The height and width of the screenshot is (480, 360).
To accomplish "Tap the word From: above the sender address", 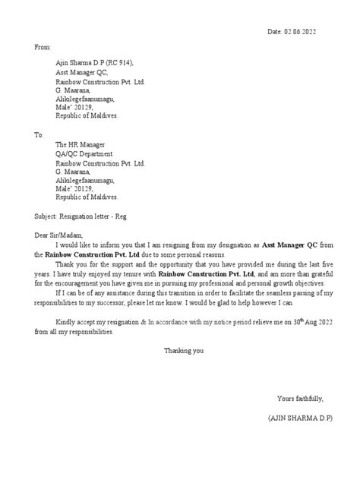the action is (43, 47).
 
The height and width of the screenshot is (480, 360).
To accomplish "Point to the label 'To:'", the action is (40, 134).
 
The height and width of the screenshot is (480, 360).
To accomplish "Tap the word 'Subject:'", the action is (49, 215).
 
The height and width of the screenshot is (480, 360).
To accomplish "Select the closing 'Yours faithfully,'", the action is (304, 399).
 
